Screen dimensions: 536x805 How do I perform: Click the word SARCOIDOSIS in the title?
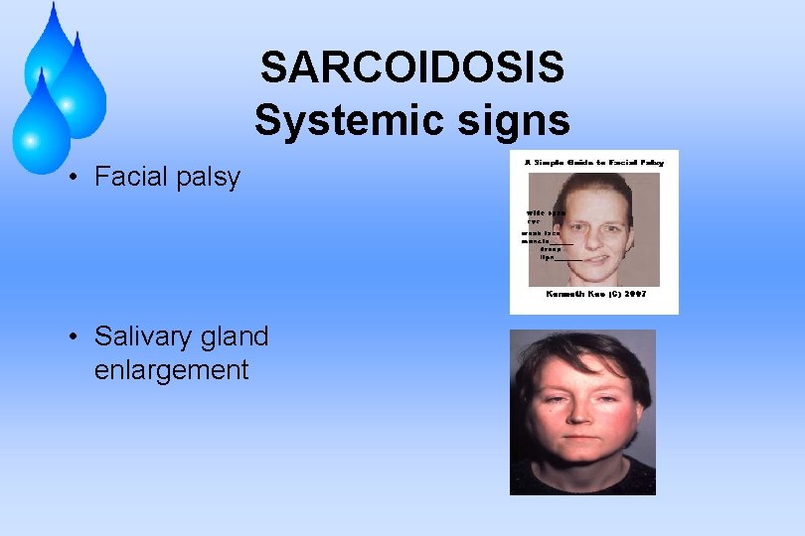click(x=411, y=68)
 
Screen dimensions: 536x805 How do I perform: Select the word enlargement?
click(x=171, y=370)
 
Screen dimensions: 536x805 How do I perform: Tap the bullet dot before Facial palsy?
click(x=74, y=178)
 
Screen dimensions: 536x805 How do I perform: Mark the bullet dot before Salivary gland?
click(x=74, y=337)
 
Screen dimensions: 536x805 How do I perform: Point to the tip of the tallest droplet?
click(x=52, y=5)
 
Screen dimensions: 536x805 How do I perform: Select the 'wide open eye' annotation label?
click(x=545, y=216)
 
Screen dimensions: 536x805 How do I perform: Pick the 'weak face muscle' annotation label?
click(x=543, y=236)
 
